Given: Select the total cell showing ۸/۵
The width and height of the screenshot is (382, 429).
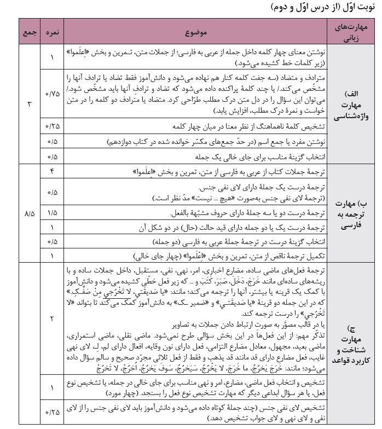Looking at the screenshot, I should point(28,210).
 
